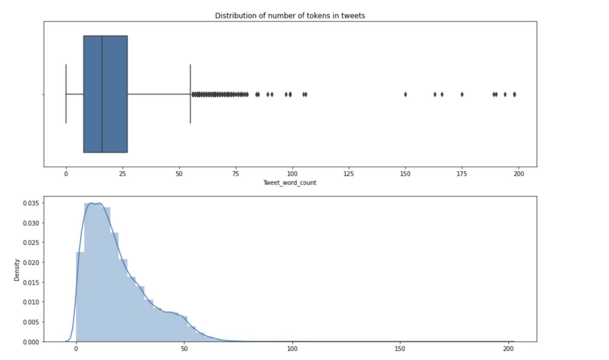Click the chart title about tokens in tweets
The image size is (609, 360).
290,16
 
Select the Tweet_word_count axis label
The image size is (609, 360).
290,183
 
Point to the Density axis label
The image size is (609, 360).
17,270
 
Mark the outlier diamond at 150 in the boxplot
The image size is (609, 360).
405,94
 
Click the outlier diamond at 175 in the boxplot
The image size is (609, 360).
462,94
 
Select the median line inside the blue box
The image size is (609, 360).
102,94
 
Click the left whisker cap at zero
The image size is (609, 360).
66,94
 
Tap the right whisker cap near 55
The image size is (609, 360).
191,94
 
